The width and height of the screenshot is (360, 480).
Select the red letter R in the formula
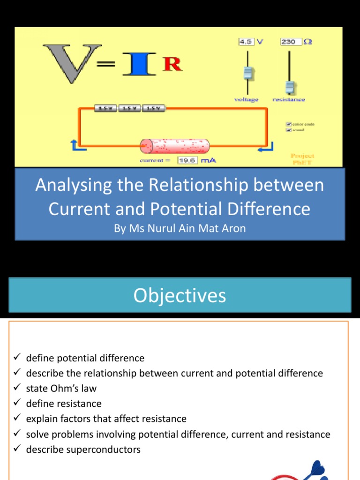172,65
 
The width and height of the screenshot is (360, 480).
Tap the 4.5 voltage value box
246,42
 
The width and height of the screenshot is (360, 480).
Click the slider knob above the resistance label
290,87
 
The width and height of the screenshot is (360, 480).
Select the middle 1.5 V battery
130,109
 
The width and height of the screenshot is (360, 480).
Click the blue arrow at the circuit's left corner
77,146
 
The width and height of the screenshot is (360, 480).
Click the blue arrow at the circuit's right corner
265,149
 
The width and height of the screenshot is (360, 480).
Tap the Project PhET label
302,158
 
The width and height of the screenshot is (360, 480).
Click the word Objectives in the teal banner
180,295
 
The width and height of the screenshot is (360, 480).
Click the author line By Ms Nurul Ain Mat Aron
180,229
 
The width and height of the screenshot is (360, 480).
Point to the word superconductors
107,450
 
